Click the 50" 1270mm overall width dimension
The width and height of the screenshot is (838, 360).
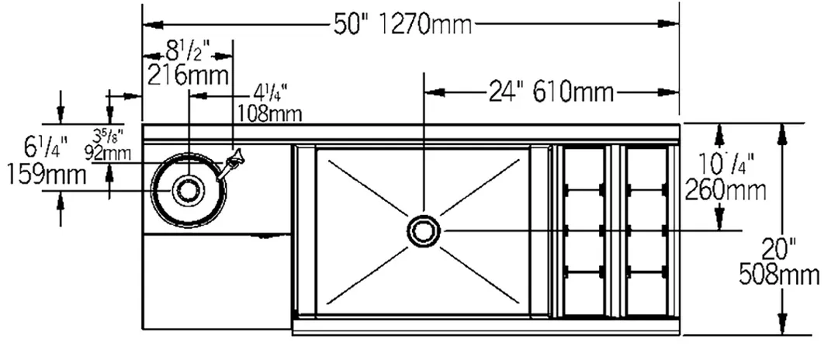pyautogui.click(x=403, y=24)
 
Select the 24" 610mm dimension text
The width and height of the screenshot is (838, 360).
pyautogui.click(x=551, y=92)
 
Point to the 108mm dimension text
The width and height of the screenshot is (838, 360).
pyautogui.click(x=269, y=114)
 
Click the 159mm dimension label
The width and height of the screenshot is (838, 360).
pyautogui.click(x=47, y=175)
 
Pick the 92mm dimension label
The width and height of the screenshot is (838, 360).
pyautogui.click(x=108, y=154)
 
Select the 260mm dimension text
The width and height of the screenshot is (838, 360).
pyautogui.click(x=725, y=189)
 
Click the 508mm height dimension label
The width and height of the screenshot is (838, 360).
pyautogui.click(x=779, y=275)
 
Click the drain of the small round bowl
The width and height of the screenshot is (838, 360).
pyautogui.click(x=188, y=190)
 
